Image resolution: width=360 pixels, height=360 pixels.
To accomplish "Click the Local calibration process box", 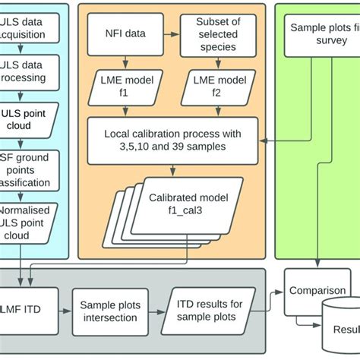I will click(x=173, y=141).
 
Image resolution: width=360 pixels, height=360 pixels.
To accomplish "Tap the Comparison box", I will click(x=317, y=290).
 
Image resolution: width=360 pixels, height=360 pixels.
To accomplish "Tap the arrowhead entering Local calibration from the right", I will click(x=264, y=141).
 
